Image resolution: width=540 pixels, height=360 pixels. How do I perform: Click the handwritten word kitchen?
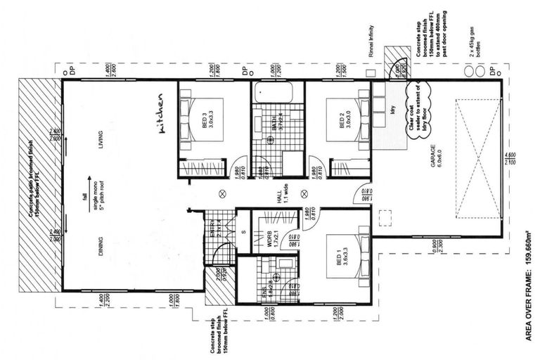[161, 114]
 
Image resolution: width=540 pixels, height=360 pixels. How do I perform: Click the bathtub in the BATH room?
[278, 92]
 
